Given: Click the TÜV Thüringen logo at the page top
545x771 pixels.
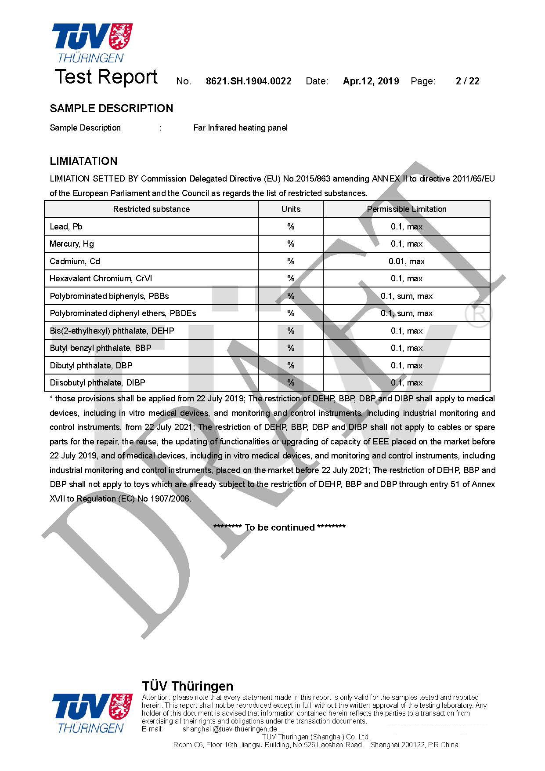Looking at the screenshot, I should click(x=92, y=43).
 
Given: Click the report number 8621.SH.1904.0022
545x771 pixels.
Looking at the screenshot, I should click(x=249, y=81).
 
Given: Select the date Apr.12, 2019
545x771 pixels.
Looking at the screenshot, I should click(x=371, y=81).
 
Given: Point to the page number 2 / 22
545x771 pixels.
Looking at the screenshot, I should click(x=467, y=81).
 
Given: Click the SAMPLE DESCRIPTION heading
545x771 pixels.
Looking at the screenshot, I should click(x=111, y=109).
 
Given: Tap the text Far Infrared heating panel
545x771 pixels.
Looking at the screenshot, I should click(x=240, y=128).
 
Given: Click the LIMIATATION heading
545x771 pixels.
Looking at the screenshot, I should click(x=83, y=161).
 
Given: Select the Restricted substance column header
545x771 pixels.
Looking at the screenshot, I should click(x=151, y=209).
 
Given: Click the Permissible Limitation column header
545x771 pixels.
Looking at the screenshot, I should click(x=406, y=209).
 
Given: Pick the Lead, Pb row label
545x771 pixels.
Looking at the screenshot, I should click(x=66, y=227).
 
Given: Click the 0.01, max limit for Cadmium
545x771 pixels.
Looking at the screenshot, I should click(x=406, y=262).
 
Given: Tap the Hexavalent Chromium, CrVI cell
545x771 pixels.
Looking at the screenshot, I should click(x=101, y=279).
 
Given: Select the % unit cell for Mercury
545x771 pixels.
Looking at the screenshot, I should click(x=291, y=244).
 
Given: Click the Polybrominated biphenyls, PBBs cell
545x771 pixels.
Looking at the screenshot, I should click(x=109, y=296).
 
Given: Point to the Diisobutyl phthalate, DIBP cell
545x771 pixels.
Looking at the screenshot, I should click(x=97, y=383).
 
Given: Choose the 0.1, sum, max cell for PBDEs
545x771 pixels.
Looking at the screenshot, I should click(x=406, y=313).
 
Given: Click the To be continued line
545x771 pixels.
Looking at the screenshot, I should click(x=279, y=527).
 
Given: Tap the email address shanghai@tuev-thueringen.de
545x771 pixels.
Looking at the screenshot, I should click(x=230, y=729).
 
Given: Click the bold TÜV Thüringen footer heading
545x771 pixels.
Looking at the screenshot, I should click(x=188, y=686).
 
